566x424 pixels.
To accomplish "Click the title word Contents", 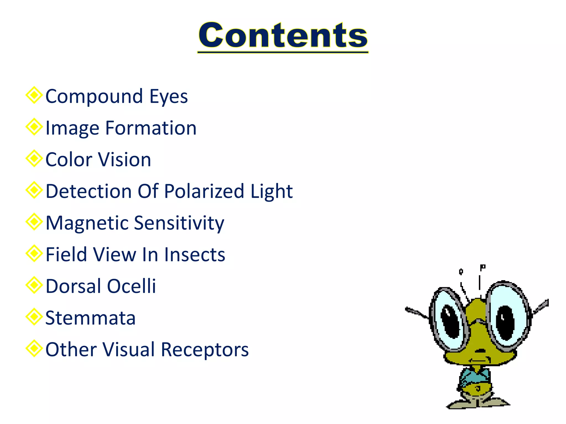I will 283,35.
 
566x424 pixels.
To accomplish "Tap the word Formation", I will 151,128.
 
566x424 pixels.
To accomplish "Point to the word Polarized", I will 204,191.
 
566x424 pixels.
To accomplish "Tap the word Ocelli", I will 131,286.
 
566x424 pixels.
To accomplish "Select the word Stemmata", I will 90,318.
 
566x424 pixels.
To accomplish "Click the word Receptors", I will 205,350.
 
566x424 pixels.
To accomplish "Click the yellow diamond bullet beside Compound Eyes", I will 34,95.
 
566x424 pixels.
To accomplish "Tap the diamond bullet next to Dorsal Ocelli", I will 34,285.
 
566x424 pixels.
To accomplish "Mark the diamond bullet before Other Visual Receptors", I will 34,348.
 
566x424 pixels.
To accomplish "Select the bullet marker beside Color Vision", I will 34,158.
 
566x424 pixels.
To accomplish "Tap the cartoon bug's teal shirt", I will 475,376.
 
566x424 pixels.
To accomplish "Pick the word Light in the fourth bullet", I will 271,191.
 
